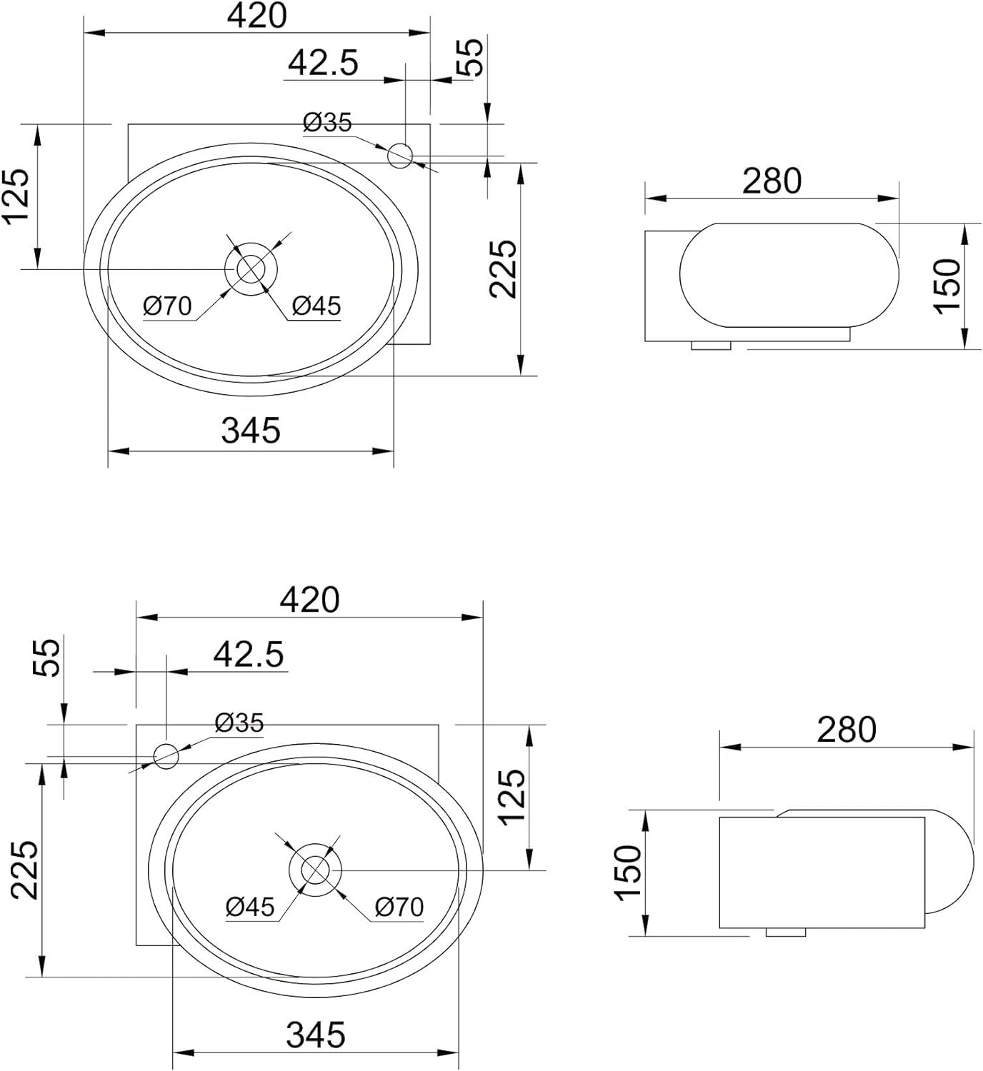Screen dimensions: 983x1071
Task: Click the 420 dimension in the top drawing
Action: click(x=257, y=16)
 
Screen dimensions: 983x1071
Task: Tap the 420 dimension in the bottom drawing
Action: click(x=310, y=600)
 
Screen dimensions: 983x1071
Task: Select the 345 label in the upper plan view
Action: click(x=251, y=431)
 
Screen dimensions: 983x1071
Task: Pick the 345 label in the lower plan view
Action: click(x=316, y=1035)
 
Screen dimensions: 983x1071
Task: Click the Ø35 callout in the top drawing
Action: click(x=327, y=123)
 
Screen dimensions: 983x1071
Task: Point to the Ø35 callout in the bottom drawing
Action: click(x=239, y=723)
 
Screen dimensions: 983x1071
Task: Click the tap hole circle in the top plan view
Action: click(x=400, y=156)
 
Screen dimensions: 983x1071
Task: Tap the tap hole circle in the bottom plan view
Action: click(x=166, y=756)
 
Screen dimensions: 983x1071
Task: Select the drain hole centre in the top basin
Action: click(x=251, y=269)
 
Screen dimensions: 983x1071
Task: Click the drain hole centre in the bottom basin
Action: click(x=315, y=870)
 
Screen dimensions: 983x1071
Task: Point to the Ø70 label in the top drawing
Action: click(x=167, y=306)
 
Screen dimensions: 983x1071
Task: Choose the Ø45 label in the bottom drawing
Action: click(x=250, y=907)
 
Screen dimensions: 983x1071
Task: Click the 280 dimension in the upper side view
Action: click(x=772, y=181)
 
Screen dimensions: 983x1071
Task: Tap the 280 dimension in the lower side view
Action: click(x=847, y=730)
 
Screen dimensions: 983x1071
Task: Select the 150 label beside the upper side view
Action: click(x=947, y=286)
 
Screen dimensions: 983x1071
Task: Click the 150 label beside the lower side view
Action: click(x=629, y=873)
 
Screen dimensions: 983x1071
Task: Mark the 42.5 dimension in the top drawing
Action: click(x=323, y=64)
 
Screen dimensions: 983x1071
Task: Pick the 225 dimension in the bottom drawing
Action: click(x=25, y=870)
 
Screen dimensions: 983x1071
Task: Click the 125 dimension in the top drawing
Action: click(x=16, y=197)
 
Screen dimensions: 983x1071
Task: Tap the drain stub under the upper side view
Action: click(x=711, y=346)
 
